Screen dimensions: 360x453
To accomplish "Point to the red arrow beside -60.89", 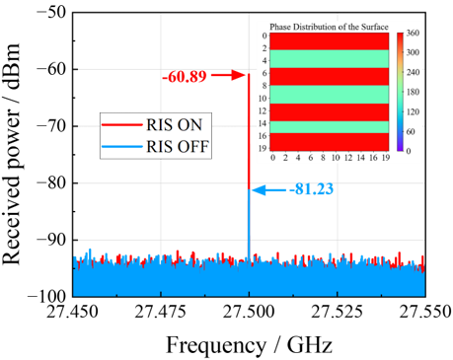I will point(227,75).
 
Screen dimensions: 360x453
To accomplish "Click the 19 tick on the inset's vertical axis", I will point(264,148).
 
